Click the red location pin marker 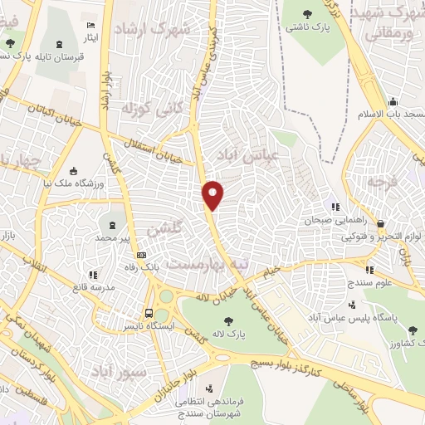tap(213, 194)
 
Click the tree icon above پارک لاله tap(227, 321)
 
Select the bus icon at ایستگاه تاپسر tap(149, 313)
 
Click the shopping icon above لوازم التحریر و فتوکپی tap(380, 223)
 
